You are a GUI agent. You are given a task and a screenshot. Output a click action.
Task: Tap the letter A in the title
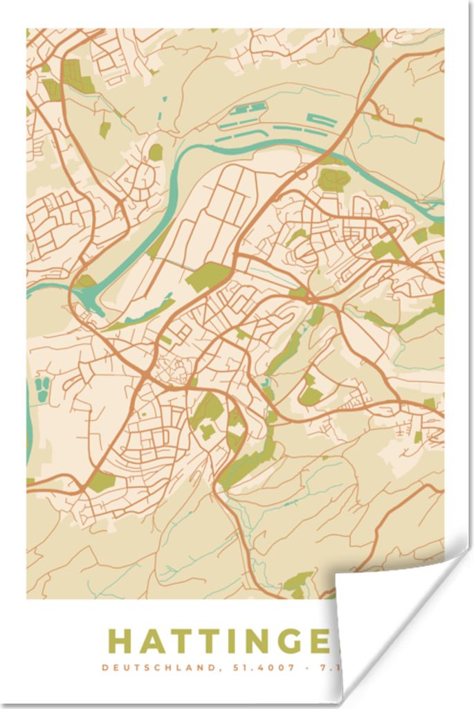pyautogui.click(x=152, y=641)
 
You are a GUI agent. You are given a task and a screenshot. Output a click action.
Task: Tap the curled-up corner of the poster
pyautogui.click(x=388, y=609)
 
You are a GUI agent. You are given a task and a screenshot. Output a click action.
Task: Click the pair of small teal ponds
pyautogui.click(x=42, y=389)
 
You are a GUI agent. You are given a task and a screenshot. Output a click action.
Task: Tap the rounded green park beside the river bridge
pyautogui.click(x=334, y=179)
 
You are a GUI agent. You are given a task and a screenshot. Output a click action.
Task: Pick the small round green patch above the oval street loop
pyautogui.click(x=156, y=152)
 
